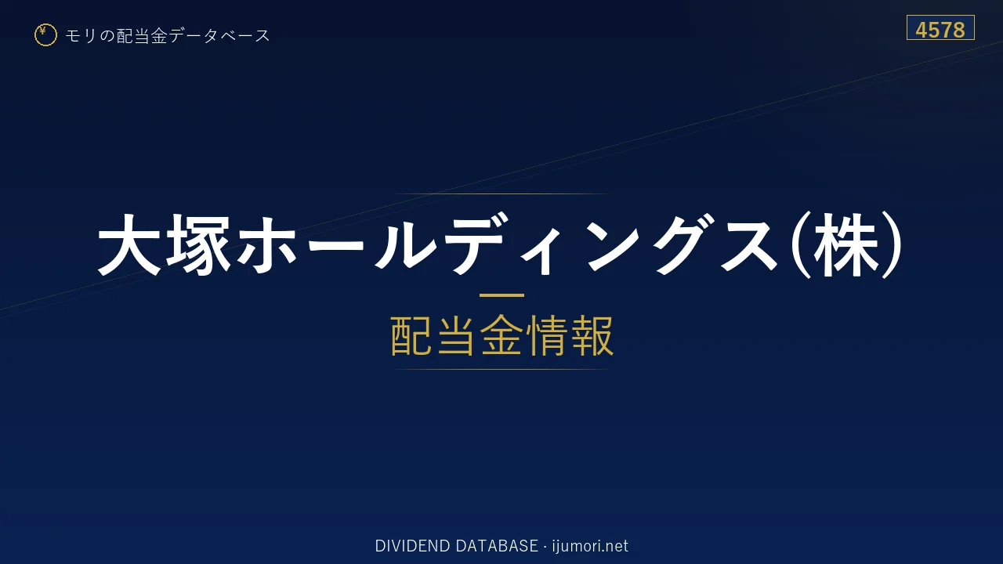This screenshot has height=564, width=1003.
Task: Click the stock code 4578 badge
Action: coord(940,27)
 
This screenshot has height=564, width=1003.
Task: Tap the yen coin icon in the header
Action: coord(45,35)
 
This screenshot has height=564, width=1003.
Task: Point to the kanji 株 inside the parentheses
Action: coord(846,245)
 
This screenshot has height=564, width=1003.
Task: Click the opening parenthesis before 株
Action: coord(800,245)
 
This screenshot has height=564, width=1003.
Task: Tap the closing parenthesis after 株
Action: coord(892,245)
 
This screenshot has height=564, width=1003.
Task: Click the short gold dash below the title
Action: coord(501,295)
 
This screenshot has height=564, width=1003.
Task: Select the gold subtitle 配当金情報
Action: coord(501,336)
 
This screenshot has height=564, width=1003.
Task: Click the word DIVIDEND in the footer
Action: coord(412,546)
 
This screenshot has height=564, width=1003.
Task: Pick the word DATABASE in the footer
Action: coord(497,546)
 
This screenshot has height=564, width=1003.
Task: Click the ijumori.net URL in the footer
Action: coord(590,546)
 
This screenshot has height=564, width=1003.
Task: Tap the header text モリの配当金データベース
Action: coord(168,35)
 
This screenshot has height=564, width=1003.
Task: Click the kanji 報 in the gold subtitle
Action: coord(592,336)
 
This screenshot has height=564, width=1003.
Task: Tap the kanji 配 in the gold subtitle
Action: coord(412,336)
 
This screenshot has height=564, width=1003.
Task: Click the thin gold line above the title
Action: coord(501,193)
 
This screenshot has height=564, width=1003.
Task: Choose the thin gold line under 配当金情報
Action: coord(501,369)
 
